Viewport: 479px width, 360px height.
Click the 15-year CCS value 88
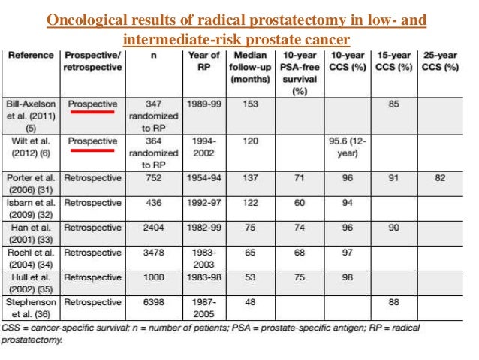click(x=394, y=302)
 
